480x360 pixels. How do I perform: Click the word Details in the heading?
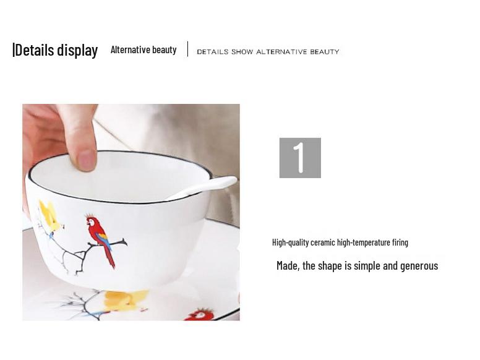(35, 50)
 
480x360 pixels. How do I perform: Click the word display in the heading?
(78, 51)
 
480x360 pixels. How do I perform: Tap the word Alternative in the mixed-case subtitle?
(130, 49)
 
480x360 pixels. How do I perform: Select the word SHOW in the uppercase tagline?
(242, 52)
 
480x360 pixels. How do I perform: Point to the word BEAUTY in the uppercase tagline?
(325, 52)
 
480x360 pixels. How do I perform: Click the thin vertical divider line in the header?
(187, 49)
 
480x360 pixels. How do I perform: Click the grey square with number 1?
(300, 158)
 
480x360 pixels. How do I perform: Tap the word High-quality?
(291, 242)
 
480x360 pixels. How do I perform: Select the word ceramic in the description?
(323, 242)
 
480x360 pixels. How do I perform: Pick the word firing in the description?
(400, 242)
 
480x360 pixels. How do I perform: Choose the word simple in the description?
(367, 266)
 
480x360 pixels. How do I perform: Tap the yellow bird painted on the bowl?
(51, 216)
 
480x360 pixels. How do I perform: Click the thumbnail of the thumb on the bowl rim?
(87, 160)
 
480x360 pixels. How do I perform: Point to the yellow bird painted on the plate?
(126, 299)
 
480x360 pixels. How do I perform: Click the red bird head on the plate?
(200, 315)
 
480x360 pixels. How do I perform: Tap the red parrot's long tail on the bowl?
(109, 255)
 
